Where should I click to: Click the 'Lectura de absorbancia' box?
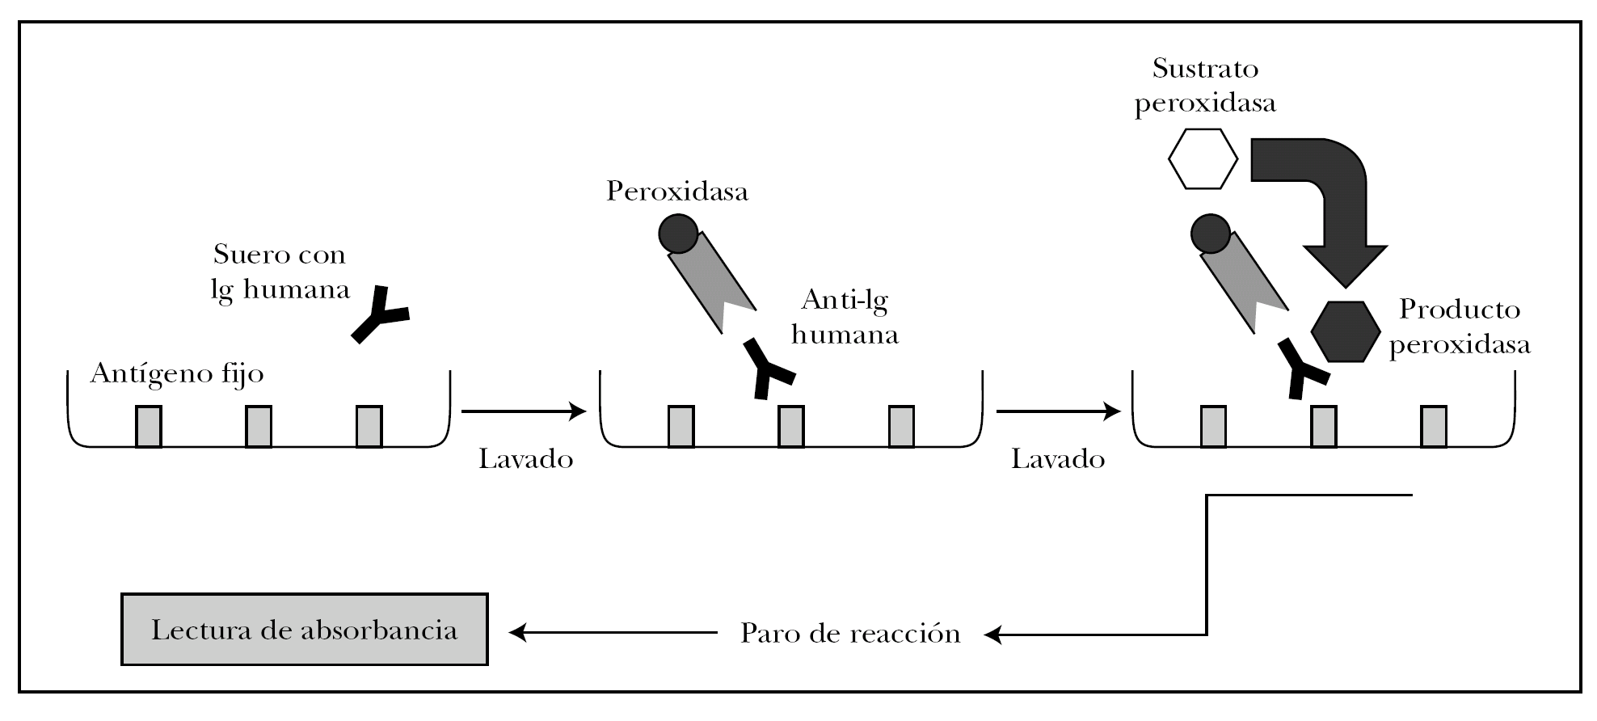coord(304,630)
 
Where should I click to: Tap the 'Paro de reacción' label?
coord(850,633)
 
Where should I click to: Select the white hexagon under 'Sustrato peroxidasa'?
coord(1203,159)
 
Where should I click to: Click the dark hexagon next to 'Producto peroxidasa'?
coord(1345,331)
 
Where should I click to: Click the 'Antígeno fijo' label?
coord(177,374)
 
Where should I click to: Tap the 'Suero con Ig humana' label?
coord(280,272)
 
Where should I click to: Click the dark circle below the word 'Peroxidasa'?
coord(677,234)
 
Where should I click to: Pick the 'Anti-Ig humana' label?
coord(845,317)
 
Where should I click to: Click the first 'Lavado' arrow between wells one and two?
coord(524,411)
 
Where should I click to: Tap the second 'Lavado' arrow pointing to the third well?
coord(1058,411)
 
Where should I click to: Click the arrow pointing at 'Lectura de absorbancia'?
coord(613,633)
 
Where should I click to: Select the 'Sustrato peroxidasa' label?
coord(1205,86)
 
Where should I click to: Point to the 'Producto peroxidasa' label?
coord(1460,327)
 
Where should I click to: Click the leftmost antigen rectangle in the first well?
coord(148,426)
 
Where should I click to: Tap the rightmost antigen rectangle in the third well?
coord(1434,426)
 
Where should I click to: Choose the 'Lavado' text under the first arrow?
coord(526,459)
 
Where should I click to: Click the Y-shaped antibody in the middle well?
coord(768,368)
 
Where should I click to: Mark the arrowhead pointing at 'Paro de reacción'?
coord(994,635)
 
